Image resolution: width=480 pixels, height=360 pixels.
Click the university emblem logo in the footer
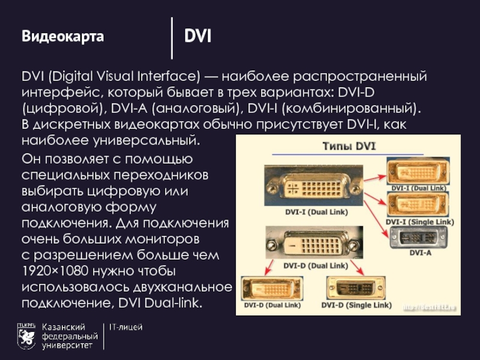pos(26,336)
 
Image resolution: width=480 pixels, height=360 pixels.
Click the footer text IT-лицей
pos(126,328)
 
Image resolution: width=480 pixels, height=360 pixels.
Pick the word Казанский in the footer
pos(63,328)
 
